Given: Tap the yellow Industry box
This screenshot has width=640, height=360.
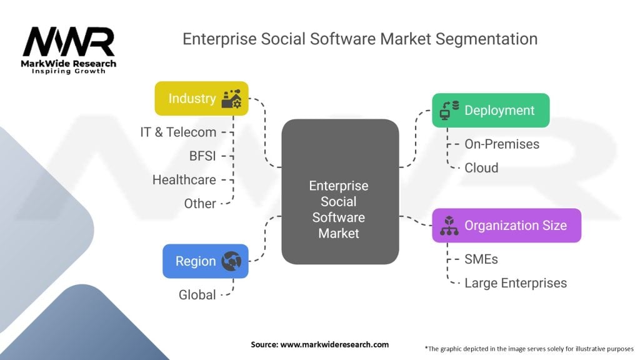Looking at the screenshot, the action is click(201, 98).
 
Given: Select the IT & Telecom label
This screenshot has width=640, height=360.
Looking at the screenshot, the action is click(178, 132).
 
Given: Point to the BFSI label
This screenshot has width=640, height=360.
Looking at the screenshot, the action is click(202, 156).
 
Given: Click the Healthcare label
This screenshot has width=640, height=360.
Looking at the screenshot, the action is click(184, 179).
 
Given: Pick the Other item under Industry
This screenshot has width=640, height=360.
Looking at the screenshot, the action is click(200, 203).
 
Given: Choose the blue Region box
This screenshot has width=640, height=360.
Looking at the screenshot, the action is click(205, 261).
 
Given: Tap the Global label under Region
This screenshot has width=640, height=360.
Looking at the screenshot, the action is click(197, 294).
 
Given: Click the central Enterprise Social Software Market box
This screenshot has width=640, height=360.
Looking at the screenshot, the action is click(340, 209).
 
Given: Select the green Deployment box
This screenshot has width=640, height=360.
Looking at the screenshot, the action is click(491, 111).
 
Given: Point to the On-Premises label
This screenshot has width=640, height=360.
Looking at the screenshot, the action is click(501, 144).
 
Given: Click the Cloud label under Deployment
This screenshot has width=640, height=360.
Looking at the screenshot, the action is click(481, 167).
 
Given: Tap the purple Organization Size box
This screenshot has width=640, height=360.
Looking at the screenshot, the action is click(506, 225).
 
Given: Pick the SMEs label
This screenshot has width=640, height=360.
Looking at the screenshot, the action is click(481, 259).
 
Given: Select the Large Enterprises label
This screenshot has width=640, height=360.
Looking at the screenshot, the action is click(515, 282).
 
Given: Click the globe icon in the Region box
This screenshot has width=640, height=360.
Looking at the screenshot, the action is click(232, 261).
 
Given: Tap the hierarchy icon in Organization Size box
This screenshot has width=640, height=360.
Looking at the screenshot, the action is click(449, 226).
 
